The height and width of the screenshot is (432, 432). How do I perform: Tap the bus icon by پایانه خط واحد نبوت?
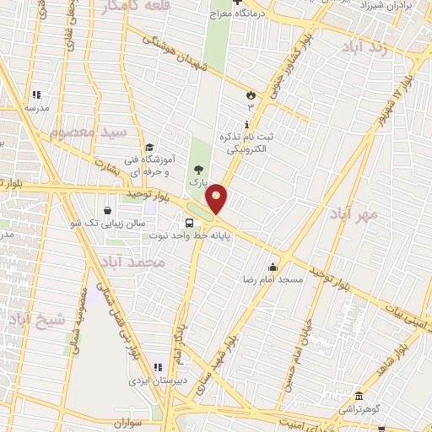(x=188, y=223)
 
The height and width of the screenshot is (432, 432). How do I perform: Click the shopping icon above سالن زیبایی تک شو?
(x=107, y=209)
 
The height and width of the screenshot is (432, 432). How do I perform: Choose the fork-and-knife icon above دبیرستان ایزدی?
(x=156, y=368)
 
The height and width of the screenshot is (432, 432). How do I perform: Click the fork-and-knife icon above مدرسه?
(x=35, y=95)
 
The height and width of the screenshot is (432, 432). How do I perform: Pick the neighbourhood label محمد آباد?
(x=132, y=263)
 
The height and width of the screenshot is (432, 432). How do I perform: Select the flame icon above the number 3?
(x=250, y=95)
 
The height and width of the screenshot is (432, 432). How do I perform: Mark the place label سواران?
(x=138, y=419)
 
